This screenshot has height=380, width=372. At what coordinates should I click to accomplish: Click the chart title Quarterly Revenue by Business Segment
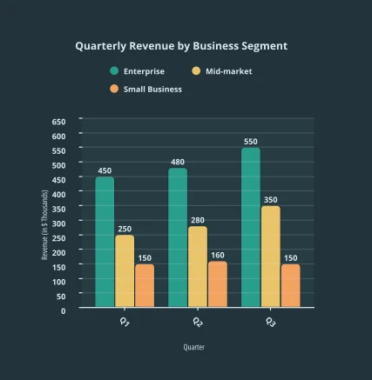coord(180,46)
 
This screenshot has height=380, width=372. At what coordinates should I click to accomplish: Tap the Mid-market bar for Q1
coord(125,270)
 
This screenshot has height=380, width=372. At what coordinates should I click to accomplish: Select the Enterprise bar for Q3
coord(251,227)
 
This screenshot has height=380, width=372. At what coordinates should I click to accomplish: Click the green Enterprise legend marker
coord(114,71)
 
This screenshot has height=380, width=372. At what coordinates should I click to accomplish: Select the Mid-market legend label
coord(228,71)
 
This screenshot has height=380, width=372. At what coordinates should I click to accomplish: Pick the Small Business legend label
coord(152,89)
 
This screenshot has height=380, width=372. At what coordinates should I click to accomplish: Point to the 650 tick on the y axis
coord(58,121)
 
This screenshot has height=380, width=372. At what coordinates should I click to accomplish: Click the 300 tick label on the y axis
coord(58,223)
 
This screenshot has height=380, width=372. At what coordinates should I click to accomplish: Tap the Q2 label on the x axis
coord(198,323)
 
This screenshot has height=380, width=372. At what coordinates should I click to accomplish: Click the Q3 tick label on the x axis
coord(271,323)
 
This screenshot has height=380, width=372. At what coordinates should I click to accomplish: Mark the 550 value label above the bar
coord(251,142)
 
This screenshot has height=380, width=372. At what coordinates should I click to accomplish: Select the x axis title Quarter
coord(194,347)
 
